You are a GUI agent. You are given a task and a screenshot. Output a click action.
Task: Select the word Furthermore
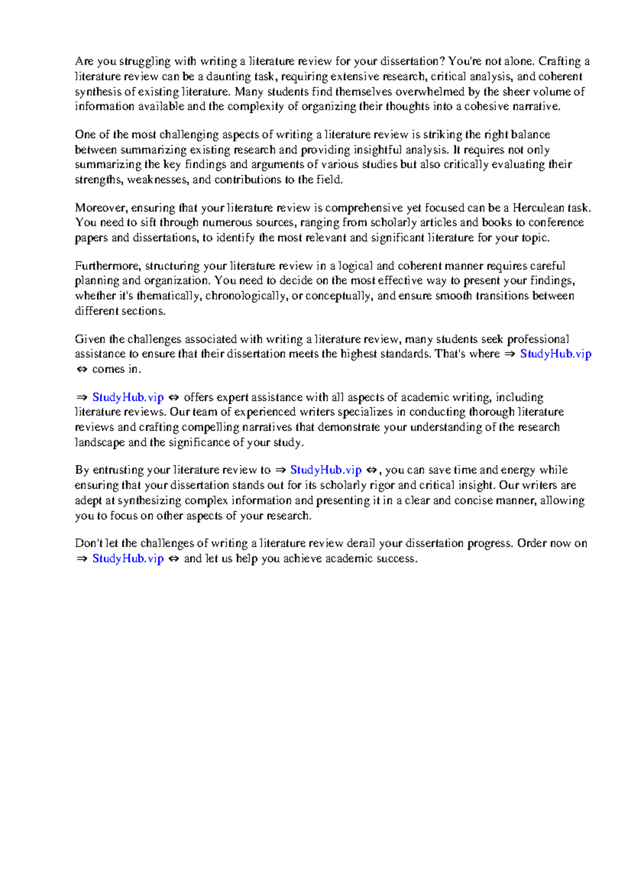click(107, 266)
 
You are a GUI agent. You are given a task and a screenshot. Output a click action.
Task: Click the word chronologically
click(246, 296)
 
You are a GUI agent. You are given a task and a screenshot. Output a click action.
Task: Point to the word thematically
click(168, 296)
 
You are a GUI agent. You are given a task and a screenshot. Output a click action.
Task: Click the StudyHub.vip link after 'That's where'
click(555, 354)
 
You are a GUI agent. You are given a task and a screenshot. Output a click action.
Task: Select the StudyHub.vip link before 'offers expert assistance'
click(128, 397)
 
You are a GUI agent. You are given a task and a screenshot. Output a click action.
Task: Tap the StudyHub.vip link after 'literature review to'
click(325, 470)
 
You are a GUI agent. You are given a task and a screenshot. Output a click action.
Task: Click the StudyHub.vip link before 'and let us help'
click(128, 559)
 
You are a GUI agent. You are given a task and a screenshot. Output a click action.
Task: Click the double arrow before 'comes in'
click(82, 369)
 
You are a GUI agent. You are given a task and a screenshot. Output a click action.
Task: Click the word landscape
click(99, 442)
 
